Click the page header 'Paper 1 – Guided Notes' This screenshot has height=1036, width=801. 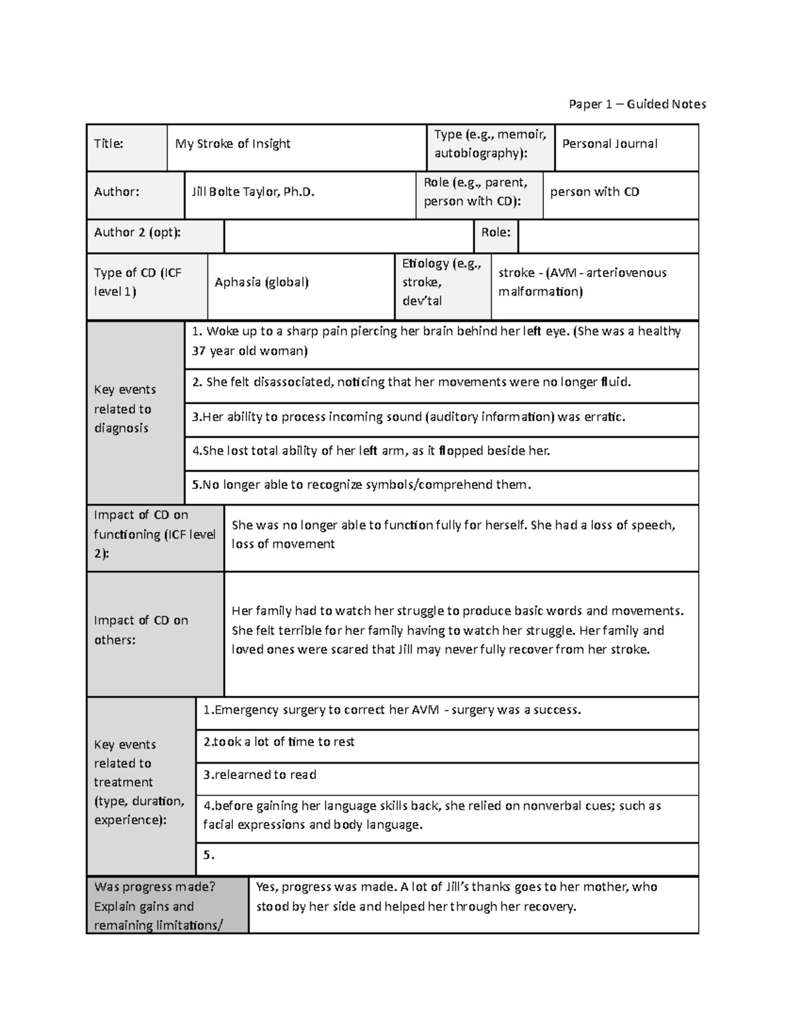coord(637,104)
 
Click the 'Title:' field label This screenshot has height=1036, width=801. coord(109,143)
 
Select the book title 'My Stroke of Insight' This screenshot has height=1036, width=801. coord(232,143)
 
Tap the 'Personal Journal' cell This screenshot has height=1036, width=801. coord(609,143)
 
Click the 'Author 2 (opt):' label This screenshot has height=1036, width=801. coord(137,232)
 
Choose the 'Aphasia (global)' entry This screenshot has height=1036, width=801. coord(262,282)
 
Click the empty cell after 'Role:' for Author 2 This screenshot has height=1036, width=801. coord(607,237)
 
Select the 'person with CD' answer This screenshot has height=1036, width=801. coord(594,192)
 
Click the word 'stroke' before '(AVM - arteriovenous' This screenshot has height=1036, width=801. coord(516,273)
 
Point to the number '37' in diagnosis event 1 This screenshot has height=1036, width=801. coord(198,351)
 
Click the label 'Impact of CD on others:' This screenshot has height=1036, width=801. coord(141,630)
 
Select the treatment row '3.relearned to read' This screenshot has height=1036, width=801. coord(260,775)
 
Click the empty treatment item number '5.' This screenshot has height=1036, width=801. coord(209,855)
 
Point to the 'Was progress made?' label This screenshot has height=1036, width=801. coord(155,887)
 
